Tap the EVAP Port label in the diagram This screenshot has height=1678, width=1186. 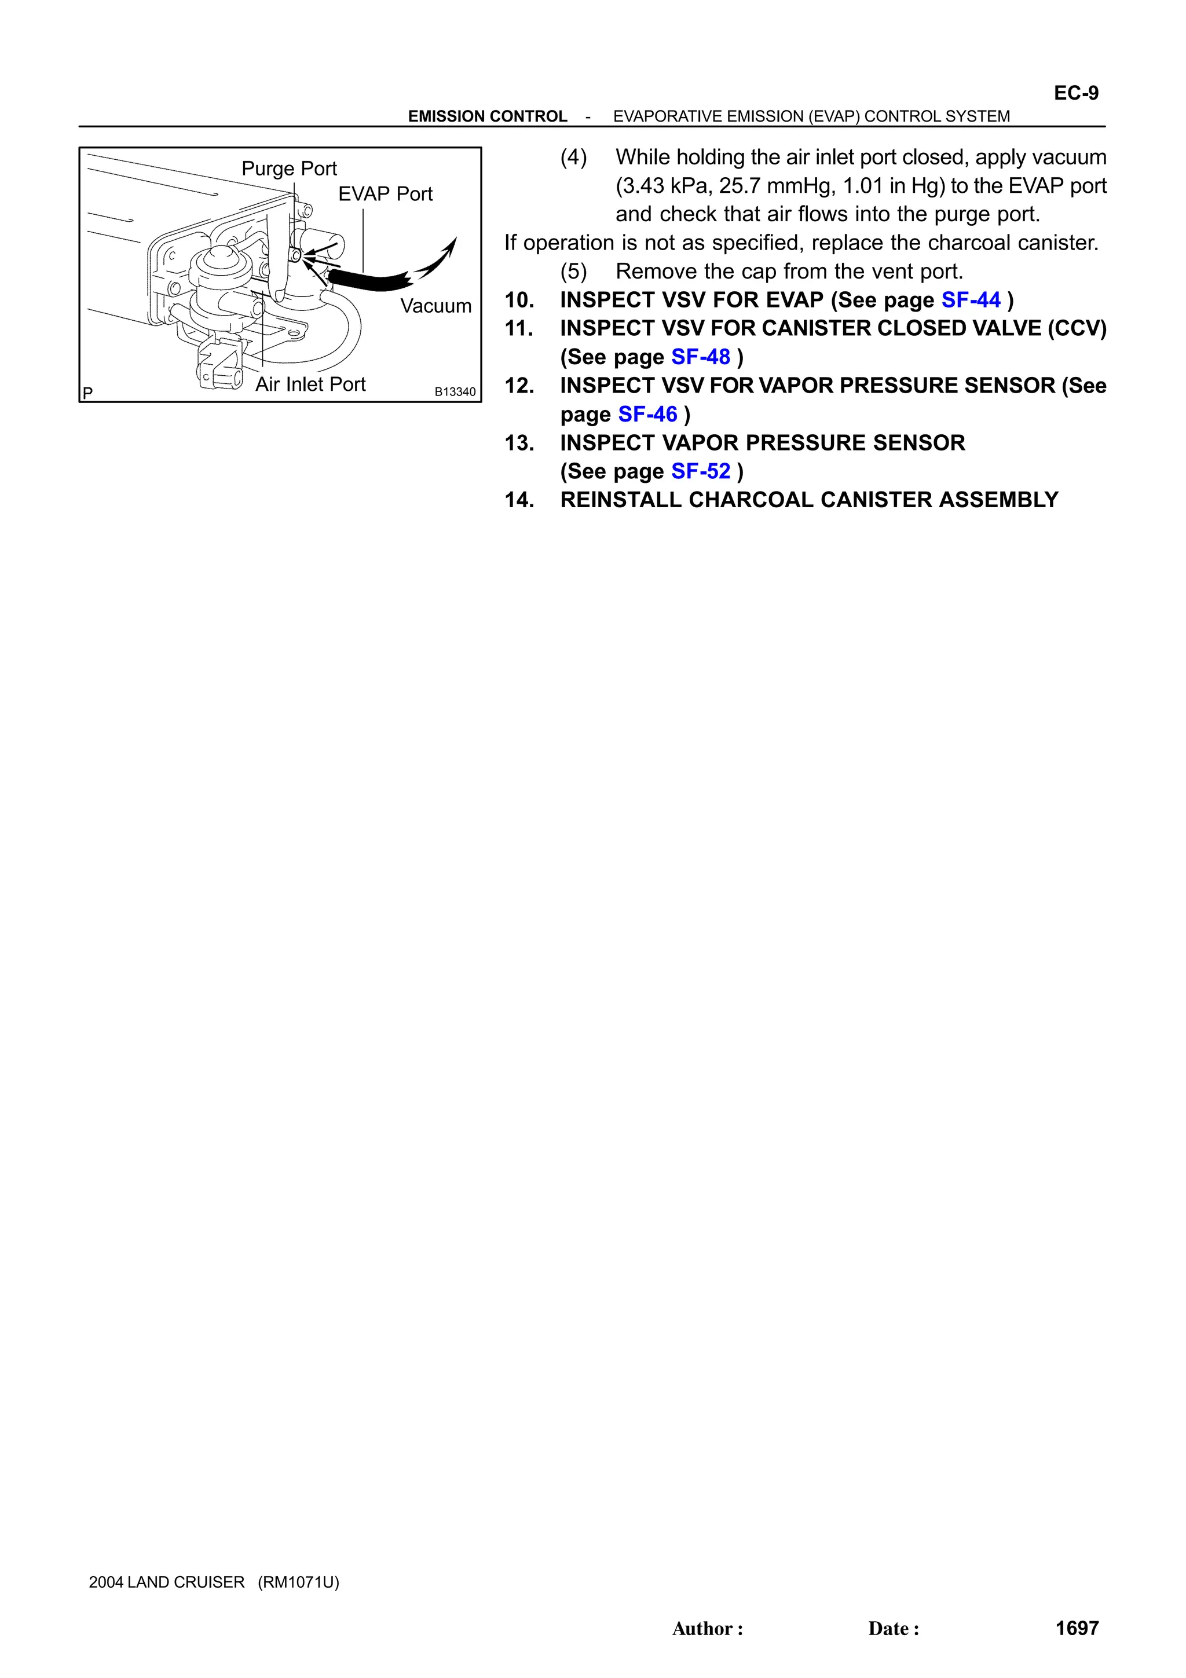tap(385, 195)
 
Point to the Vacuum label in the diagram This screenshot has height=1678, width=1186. tap(435, 306)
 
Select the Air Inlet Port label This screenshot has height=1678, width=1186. tap(310, 384)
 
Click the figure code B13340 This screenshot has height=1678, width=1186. tap(455, 393)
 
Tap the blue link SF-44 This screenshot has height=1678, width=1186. tap(971, 301)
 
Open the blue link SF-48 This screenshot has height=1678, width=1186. tap(700, 357)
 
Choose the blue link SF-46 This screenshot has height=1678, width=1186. tap(647, 415)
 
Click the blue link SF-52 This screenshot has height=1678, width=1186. tap(700, 471)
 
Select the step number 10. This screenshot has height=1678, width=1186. tap(519, 301)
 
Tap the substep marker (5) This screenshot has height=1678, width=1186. tap(574, 272)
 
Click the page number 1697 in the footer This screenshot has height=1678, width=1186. tap(1077, 1628)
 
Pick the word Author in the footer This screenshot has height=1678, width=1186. tap(703, 1629)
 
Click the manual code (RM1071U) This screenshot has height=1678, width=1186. tap(298, 1582)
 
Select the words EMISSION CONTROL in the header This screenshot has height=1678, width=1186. tap(488, 117)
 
